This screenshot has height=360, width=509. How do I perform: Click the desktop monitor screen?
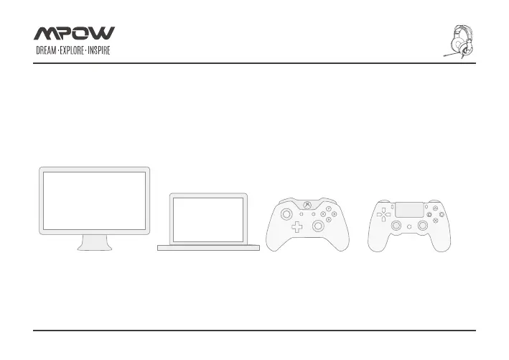pos(94,200)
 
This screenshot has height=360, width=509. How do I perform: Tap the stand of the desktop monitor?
pos(95,242)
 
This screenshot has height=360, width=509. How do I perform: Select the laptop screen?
pos(208,218)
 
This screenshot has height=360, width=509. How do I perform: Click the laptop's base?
pos(208,247)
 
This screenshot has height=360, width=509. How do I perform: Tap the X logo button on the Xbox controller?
pos(307,206)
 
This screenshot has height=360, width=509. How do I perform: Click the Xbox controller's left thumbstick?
pos(286,213)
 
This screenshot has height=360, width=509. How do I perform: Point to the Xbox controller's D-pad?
pos(296,229)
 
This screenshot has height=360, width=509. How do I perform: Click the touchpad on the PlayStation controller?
pos(409,210)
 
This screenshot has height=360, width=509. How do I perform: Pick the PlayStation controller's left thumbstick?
pos(396,225)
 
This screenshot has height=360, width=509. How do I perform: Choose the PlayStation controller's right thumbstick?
pos(423,225)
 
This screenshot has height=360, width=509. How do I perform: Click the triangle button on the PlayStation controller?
pos(436,208)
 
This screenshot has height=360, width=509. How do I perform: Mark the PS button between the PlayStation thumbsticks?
pos(409,226)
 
